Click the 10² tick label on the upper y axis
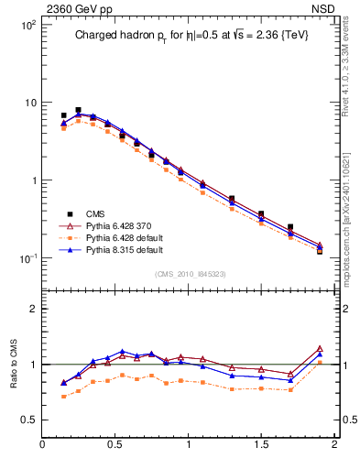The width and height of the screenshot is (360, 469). coord(27,24)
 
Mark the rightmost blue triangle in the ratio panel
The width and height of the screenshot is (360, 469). coord(320,354)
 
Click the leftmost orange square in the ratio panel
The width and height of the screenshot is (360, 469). coord(63,397)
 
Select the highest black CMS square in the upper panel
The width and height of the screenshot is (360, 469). coord(78,111)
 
